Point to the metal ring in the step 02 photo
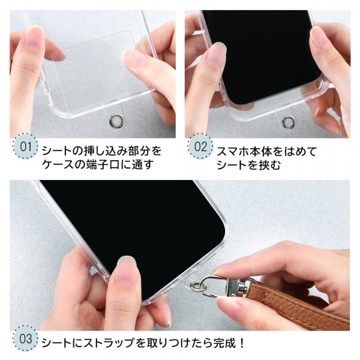pos(289,123)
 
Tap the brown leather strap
pos(300,305)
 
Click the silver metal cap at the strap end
pos(244,290)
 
